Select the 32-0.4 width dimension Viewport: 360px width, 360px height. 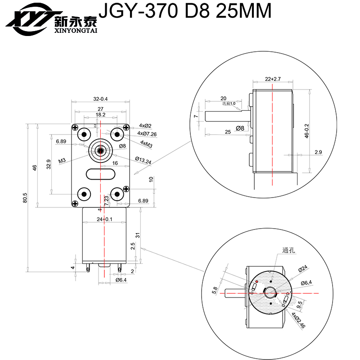click(100, 99)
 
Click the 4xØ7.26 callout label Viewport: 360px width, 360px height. click(147, 134)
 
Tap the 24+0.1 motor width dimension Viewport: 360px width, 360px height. click(104, 219)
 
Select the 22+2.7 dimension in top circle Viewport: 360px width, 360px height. click(273, 79)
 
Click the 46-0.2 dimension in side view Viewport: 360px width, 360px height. click(307, 130)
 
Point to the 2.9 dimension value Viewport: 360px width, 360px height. click(318, 152)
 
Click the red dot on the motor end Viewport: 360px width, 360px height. click(256, 281)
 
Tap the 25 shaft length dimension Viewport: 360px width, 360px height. click(227, 131)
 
